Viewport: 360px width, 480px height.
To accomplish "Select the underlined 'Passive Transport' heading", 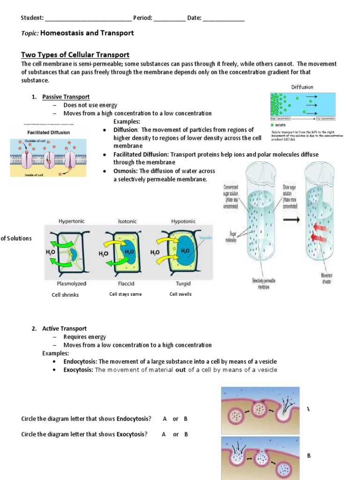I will coord(66,97).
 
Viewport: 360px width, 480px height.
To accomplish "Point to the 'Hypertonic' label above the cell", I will coord(71,221).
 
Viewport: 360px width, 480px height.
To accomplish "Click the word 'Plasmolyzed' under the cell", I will coord(71,284).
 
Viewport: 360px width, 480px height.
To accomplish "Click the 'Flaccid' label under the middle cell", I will coord(127,284).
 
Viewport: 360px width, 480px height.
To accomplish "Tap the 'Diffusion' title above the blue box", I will coord(302,87).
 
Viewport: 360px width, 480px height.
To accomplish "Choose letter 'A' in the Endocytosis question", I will coord(165,419).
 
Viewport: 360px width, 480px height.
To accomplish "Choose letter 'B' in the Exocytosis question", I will coord(186,434).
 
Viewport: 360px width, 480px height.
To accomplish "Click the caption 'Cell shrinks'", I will coord(65,295).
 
